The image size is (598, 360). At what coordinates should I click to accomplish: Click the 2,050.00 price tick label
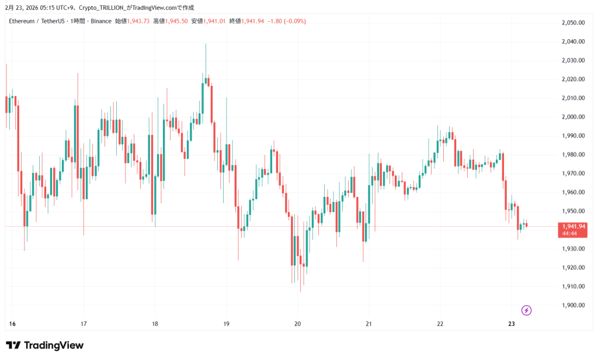573,23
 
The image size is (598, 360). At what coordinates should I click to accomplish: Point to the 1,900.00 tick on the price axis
573,305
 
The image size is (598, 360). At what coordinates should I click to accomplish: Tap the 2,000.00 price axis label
573,117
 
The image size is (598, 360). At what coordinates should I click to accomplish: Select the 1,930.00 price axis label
573,249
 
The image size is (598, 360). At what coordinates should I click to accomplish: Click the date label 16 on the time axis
12,324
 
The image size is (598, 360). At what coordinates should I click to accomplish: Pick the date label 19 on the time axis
227,324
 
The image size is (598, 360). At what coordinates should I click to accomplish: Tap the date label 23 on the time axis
512,324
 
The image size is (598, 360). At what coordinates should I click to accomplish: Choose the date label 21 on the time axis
369,324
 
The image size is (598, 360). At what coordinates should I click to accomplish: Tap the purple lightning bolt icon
526,310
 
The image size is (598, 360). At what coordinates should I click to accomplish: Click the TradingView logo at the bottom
45,345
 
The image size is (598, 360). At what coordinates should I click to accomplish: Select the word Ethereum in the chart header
22,21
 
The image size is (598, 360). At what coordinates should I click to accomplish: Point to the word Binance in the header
101,21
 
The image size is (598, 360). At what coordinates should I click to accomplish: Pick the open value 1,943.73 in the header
139,21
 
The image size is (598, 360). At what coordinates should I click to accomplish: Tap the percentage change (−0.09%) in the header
294,21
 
